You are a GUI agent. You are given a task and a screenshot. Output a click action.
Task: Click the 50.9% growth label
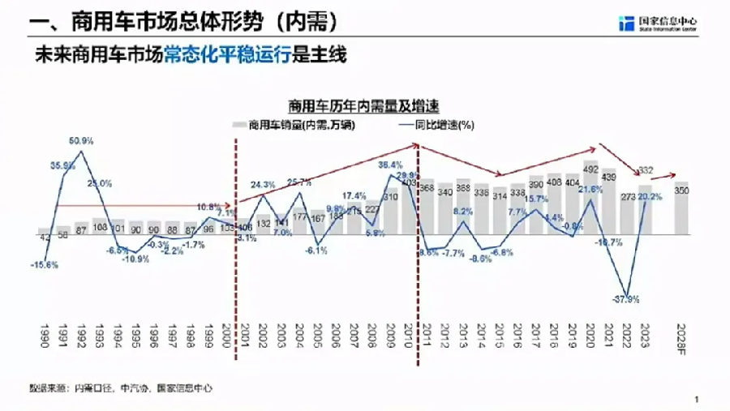click(80, 141)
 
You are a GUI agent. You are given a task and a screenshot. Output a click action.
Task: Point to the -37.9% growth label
click(626, 299)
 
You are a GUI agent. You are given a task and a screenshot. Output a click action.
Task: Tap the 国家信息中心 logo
click(657, 24)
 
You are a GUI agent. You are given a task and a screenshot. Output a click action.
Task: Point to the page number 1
click(697, 398)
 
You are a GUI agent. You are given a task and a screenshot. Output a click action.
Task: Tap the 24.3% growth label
click(263, 185)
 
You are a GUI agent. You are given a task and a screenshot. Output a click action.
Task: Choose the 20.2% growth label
click(650, 196)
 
